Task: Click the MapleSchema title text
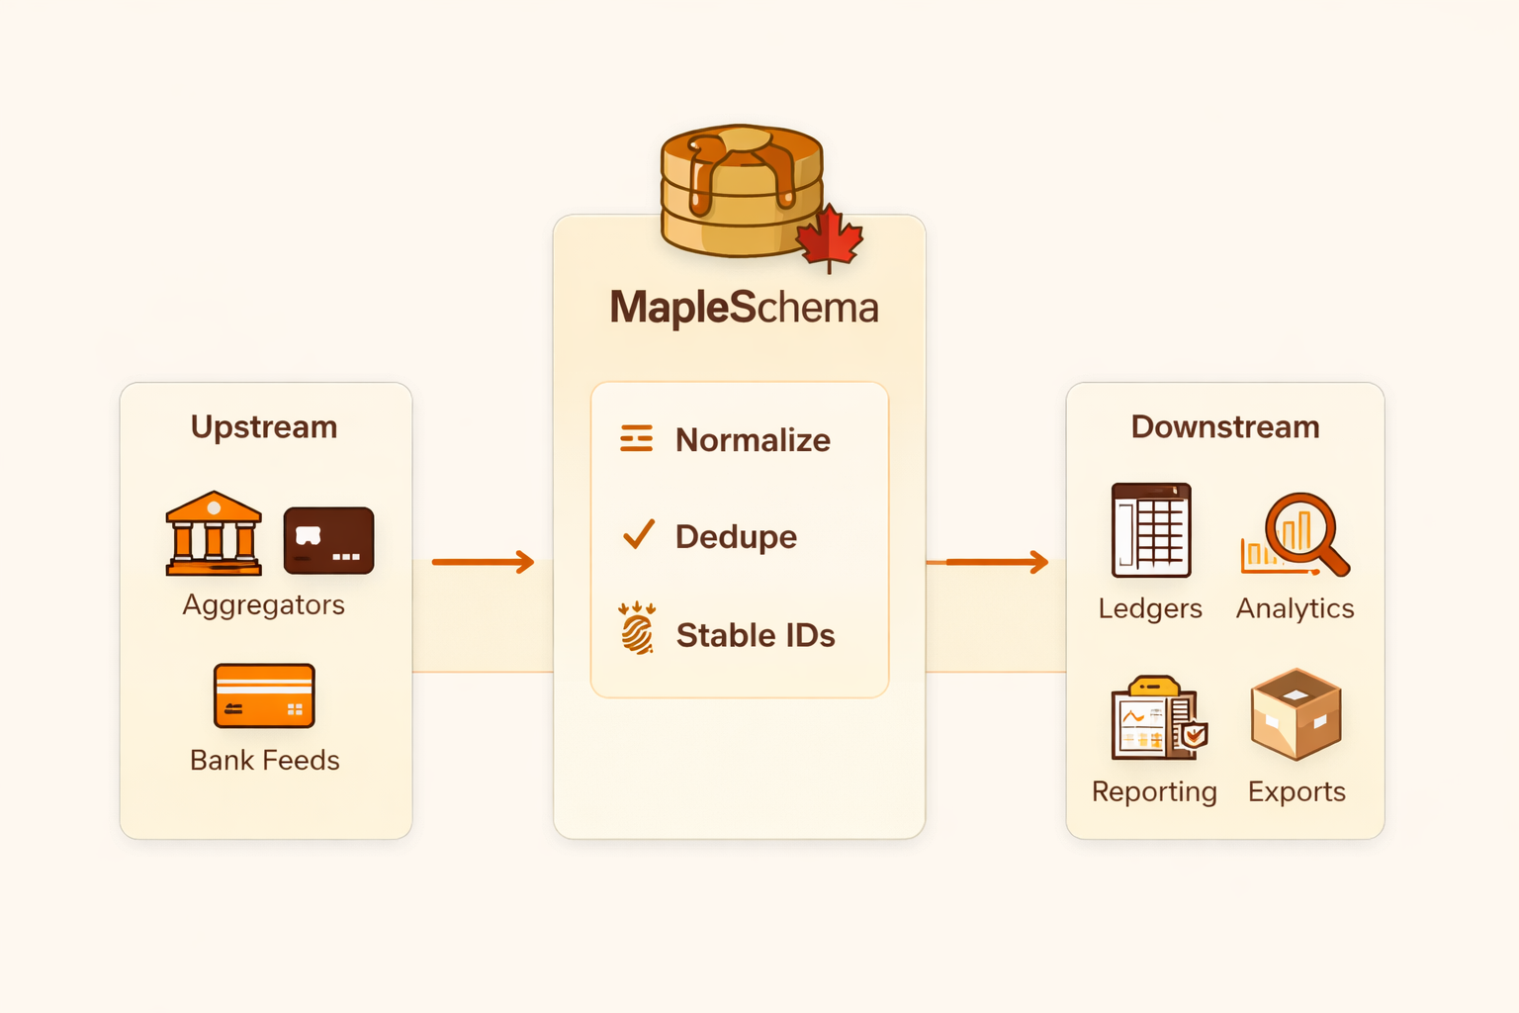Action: pyautogui.click(x=744, y=308)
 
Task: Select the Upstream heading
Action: pyautogui.click(x=264, y=427)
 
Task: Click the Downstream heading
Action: pyautogui.click(x=1224, y=427)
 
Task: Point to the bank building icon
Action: pyautogui.click(x=214, y=534)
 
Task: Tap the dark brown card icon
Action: pyautogui.click(x=328, y=540)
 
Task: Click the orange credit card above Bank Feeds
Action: pyautogui.click(x=264, y=695)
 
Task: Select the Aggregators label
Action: pyautogui.click(x=264, y=604)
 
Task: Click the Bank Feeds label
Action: pyautogui.click(x=264, y=760)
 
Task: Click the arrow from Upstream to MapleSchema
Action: pyautogui.click(x=483, y=562)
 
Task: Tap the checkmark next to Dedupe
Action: pyautogui.click(x=639, y=534)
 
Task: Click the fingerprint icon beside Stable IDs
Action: pyautogui.click(x=638, y=630)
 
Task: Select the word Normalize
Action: pyautogui.click(x=753, y=440)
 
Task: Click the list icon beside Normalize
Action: pyautogui.click(x=637, y=438)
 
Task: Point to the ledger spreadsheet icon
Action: pyautogui.click(x=1151, y=530)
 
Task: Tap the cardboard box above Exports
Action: pyautogui.click(x=1296, y=714)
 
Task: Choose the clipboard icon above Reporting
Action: pyautogui.click(x=1154, y=719)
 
